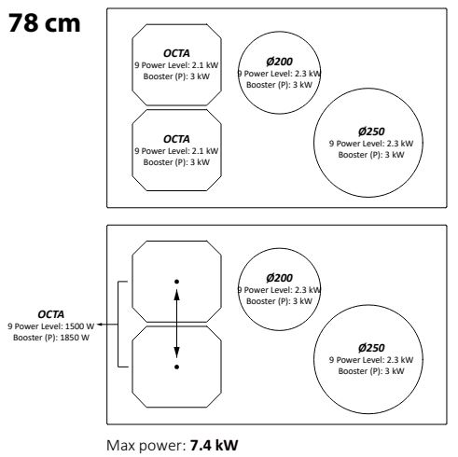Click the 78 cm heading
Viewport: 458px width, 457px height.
(x=44, y=23)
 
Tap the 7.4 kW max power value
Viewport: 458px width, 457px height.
(x=214, y=445)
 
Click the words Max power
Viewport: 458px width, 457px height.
(x=146, y=446)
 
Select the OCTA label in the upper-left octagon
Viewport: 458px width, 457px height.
(x=176, y=53)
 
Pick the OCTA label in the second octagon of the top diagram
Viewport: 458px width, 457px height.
(x=176, y=139)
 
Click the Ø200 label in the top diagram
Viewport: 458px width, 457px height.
(x=279, y=62)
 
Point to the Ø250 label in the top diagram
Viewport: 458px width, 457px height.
(x=371, y=132)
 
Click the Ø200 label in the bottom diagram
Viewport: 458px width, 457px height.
(x=279, y=278)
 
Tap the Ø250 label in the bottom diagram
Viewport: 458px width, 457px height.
(x=371, y=348)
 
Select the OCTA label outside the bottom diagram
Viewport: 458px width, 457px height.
(x=51, y=314)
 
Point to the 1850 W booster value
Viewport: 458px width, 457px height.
(x=75, y=338)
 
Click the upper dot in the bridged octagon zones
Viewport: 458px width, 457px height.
(x=176, y=282)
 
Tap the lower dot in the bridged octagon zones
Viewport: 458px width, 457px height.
(x=176, y=367)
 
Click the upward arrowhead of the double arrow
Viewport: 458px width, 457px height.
(x=176, y=295)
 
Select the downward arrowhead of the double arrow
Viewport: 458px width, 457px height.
(x=176, y=353)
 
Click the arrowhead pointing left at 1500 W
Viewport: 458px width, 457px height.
(x=100, y=325)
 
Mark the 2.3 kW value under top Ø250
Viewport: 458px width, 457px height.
(x=400, y=144)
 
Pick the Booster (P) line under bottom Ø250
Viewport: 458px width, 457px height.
(x=371, y=371)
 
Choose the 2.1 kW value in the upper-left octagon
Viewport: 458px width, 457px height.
(x=205, y=65)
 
